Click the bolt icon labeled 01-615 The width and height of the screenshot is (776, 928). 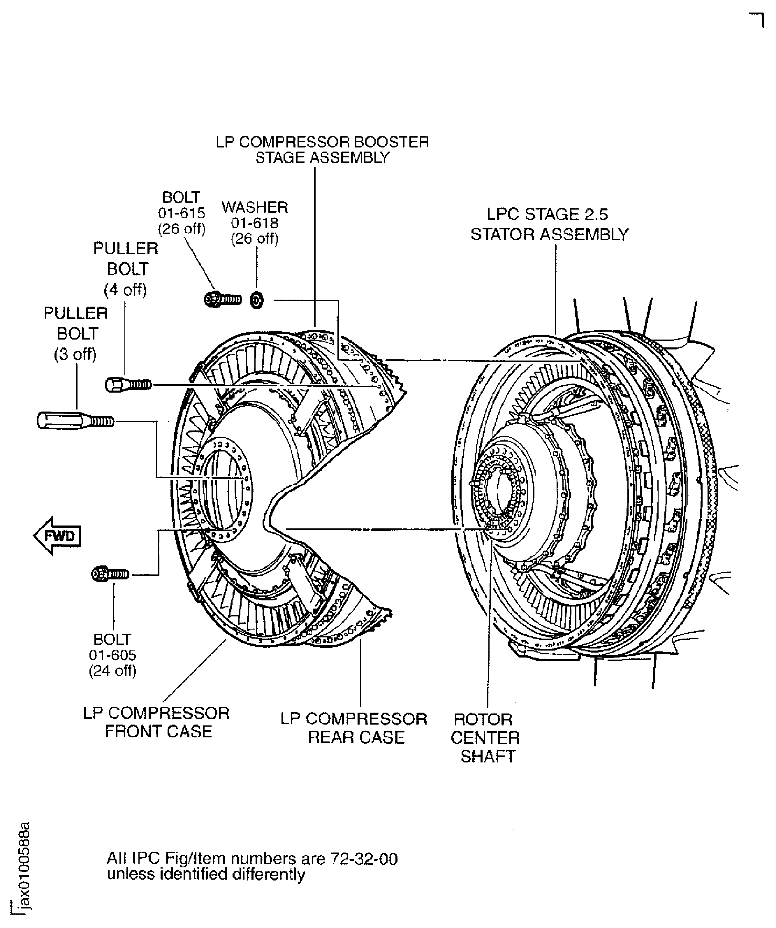pos(223,300)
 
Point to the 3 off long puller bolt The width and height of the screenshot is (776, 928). pos(75,420)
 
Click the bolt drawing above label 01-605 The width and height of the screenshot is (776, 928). pos(110,574)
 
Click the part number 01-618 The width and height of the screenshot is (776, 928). pos(255,223)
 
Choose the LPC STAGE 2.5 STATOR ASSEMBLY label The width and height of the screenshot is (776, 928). pos(549,224)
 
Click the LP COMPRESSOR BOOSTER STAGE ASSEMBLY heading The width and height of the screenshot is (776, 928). pos(322,150)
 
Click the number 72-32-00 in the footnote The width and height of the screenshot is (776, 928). pos(364,859)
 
